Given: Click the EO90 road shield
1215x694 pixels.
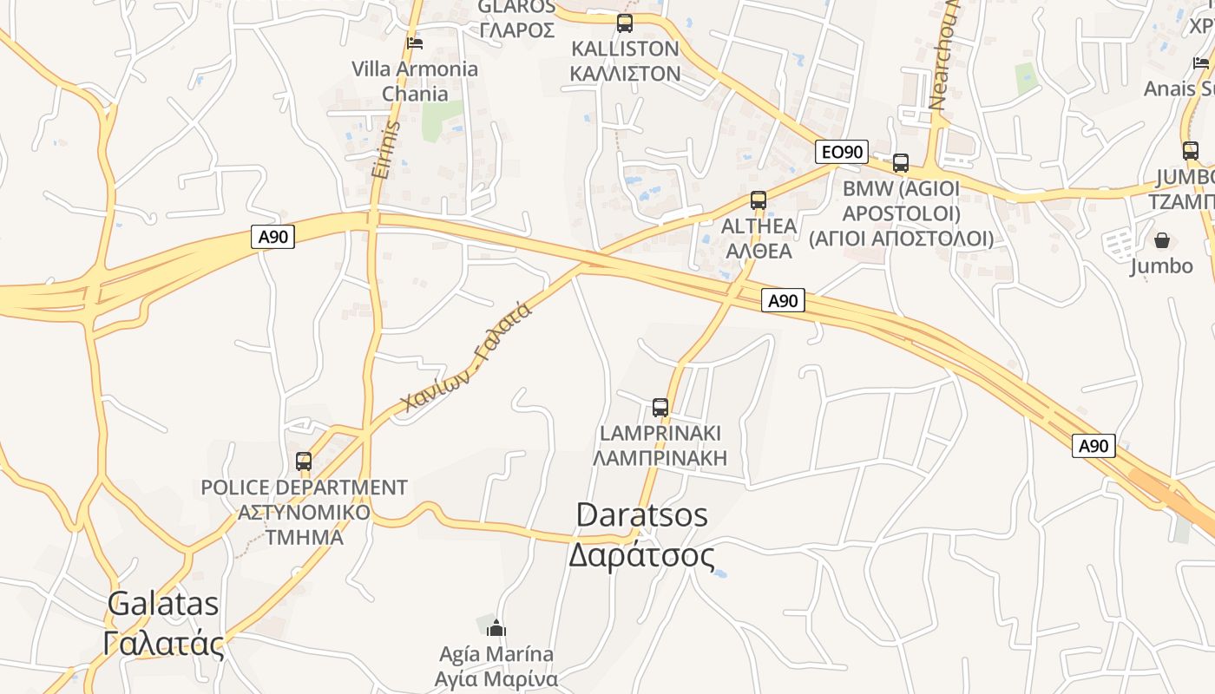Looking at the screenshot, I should pos(842,153).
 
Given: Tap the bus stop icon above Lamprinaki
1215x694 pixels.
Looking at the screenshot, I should pos(660,407).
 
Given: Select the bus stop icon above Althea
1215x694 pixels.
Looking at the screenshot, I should pos(759,200).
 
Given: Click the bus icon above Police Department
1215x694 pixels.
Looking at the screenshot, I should pos(304,462).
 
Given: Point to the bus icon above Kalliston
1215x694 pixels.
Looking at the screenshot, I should pos(625,23).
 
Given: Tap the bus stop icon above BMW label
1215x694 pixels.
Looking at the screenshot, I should pos(901,162).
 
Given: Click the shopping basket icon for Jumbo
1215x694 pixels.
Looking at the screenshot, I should pos(1161,240).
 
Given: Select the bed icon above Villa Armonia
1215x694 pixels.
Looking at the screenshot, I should pos(415,43).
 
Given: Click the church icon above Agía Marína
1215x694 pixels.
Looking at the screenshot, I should pos(496,628).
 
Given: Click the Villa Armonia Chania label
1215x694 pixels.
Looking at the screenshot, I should pos(415,81).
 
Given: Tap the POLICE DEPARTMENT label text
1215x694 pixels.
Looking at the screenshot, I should pos(304,488).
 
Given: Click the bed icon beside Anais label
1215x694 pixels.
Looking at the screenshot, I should pos(1201,62).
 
